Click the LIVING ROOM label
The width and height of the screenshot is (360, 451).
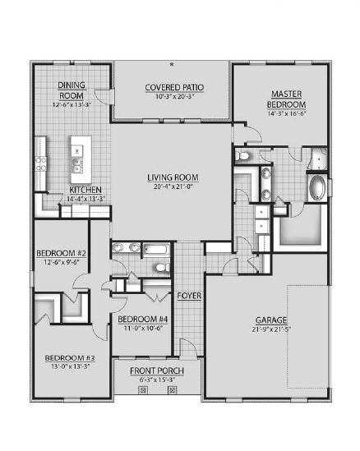coord(173,177)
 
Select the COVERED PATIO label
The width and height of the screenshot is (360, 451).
coord(173,87)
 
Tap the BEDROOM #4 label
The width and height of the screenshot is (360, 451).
coord(141,319)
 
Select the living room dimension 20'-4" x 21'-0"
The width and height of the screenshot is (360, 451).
coord(173,186)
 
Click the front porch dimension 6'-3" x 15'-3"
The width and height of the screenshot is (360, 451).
coord(156,380)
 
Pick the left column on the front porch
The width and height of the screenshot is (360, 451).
coord(142,391)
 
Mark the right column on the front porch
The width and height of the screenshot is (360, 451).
coord(172,391)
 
